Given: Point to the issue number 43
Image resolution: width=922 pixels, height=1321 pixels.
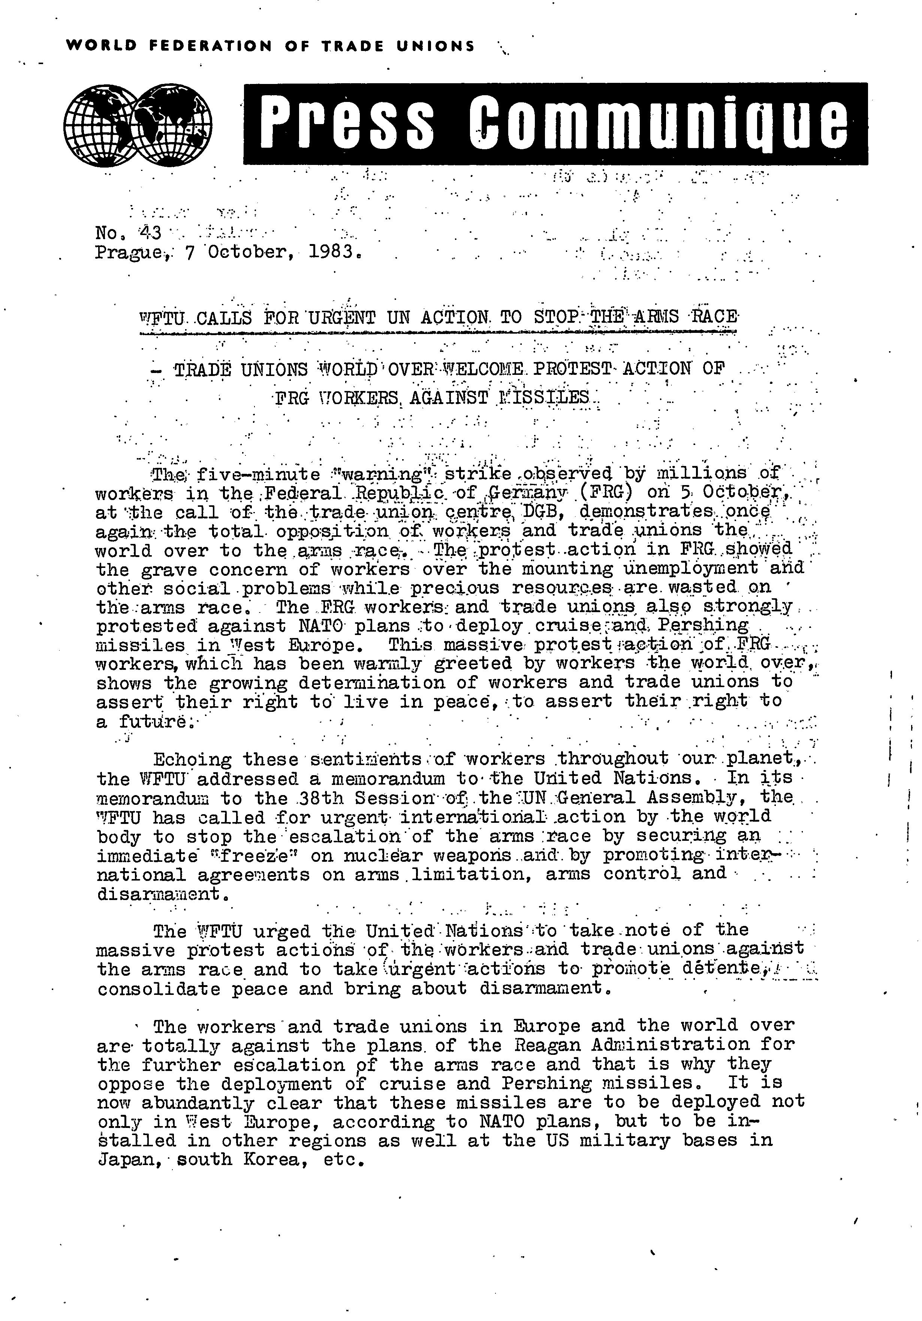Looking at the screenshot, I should tap(151, 232).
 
